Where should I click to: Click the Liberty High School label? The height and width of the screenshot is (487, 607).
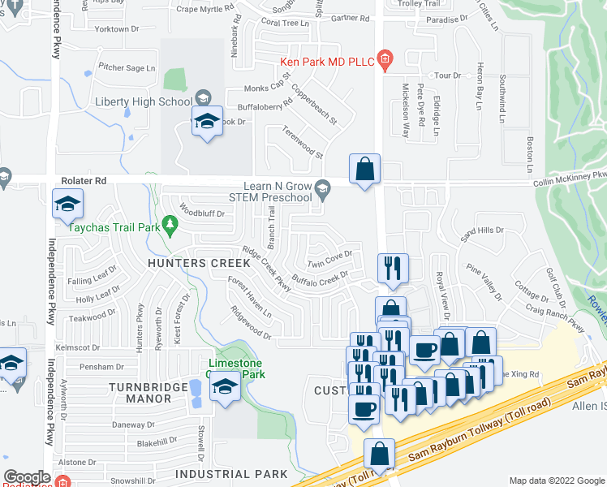coord(144,101)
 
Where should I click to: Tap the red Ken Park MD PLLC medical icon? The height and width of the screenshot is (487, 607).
coord(385,59)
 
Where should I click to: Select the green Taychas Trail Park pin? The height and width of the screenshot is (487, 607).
coord(170,222)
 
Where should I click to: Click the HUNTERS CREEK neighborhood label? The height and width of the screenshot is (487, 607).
coord(191,263)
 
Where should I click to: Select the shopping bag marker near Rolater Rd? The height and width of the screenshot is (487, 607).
coord(365,170)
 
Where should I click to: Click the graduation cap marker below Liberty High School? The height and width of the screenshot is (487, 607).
coord(208,123)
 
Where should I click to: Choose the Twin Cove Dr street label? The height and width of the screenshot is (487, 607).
coord(329,259)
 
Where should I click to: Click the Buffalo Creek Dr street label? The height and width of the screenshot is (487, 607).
coord(320,280)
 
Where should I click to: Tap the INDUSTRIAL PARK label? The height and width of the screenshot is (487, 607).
coord(231,473)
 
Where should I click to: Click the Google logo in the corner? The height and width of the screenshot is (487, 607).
coord(27,477)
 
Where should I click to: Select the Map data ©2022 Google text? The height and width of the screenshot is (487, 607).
coord(556,481)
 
